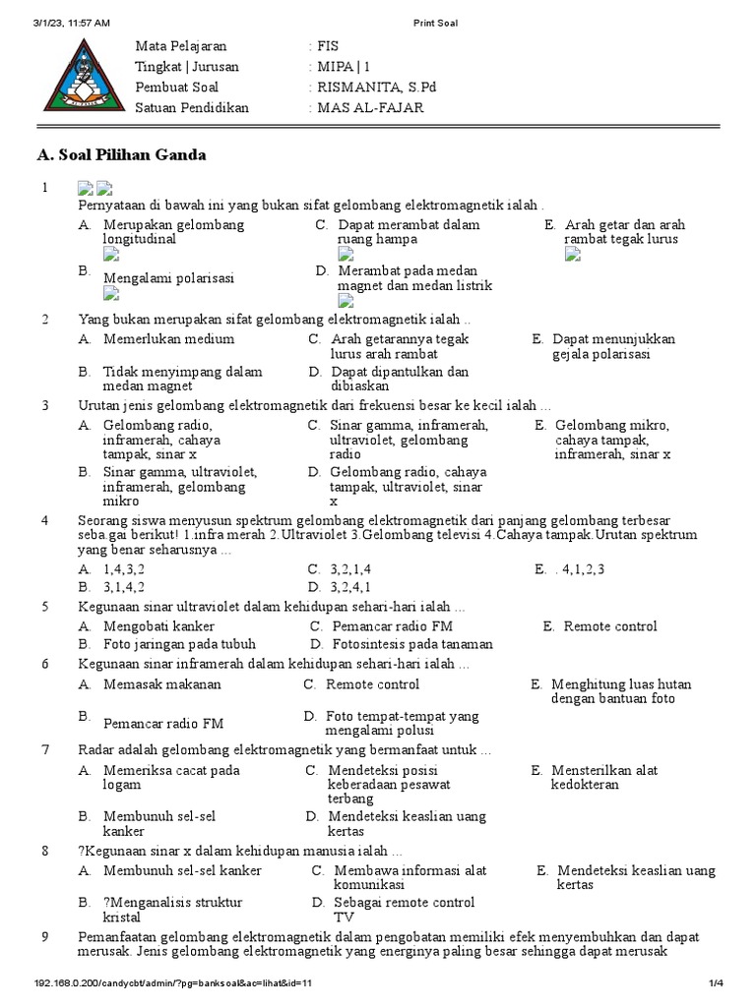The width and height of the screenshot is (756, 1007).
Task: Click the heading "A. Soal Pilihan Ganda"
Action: click(x=121, y=155)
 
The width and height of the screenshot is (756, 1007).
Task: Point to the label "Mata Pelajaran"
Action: click(x=180, y=46)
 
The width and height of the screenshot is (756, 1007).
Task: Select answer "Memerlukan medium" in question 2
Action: click(x=168, y=339)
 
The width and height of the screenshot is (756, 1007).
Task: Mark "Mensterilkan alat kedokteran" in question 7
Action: click(x=604, y=778)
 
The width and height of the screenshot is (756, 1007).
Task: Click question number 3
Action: click(x=44, y=405)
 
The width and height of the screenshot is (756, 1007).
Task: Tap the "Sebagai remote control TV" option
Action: click(x=404, y=910)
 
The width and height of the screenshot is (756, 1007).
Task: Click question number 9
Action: click(x=44, y=936)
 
